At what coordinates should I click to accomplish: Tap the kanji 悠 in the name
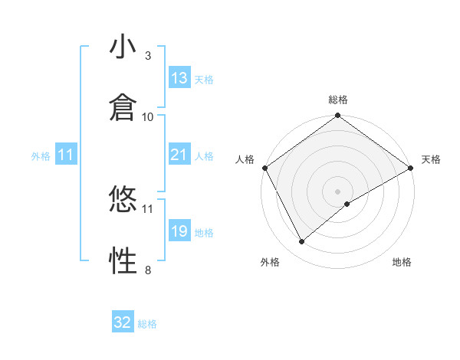(122, 201)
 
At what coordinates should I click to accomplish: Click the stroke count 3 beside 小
(148, 56)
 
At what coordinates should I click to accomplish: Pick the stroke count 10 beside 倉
(148, 116)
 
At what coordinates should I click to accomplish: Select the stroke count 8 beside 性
(148, 269)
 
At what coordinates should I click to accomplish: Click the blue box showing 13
(179, 78)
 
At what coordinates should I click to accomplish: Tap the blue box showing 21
(179, 155)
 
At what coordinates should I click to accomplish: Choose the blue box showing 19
(179, 231)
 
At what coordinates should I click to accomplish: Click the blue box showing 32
(123, 322)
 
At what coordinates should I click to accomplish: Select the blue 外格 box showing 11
(66, 155)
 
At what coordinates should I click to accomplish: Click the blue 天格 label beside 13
(204, 79)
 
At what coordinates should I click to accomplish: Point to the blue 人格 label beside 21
(204, 155)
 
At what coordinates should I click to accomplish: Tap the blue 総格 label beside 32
(147, 323)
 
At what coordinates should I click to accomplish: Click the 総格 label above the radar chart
(338, 100)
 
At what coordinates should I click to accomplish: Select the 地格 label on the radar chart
(402, 262)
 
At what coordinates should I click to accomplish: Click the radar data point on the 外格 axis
(302, 241)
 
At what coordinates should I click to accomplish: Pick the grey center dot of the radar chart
(338, 191)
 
